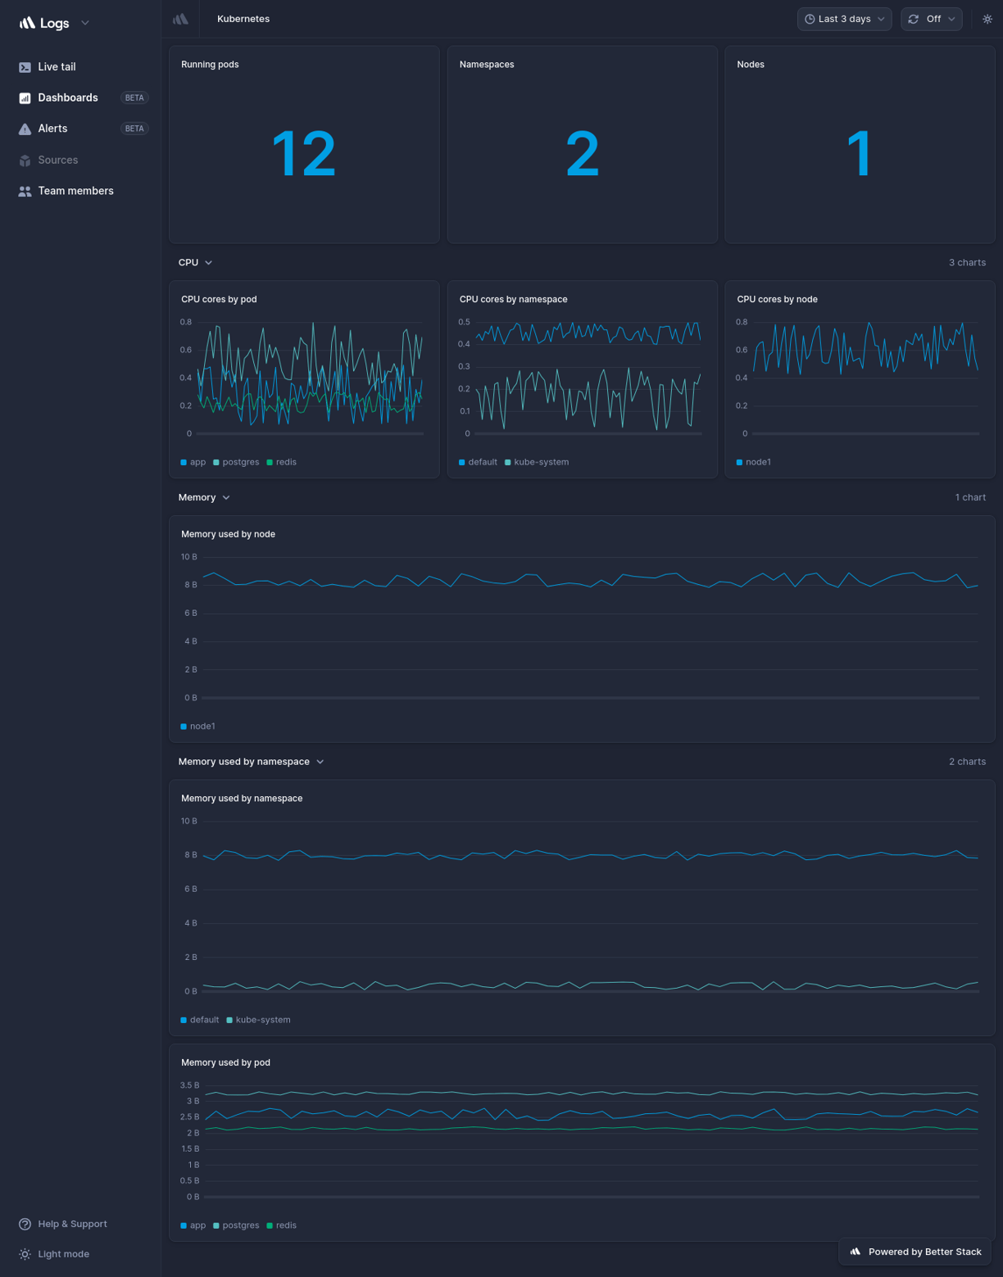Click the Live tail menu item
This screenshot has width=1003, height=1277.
[x=56, y=67]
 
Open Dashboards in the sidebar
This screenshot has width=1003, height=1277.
[x=67, y=97]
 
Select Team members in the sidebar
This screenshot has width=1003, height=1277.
[x=75, y=191]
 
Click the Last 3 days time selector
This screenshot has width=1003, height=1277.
[x=844, y=19]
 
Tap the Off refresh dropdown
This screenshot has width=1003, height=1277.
[x=932, y=19]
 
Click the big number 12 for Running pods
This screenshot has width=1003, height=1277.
[x=303, y=154]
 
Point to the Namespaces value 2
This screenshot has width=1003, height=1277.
[x=582, y=154]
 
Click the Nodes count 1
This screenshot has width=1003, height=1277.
[x=859, y=154]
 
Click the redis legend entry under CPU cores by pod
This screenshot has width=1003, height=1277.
[x=285, y=462]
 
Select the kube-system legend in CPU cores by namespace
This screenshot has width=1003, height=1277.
[x=540, y=462]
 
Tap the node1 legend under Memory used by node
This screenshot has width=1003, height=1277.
[x=202, y=727]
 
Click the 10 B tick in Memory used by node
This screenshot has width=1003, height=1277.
[x=189, y=557]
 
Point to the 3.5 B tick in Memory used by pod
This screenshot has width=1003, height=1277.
[x=189, y=1085]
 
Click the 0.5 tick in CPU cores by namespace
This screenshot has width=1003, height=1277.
[x=464, y=322]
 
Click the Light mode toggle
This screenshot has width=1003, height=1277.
[x=62, y=1254]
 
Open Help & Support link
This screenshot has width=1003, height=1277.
[x=71, y=1224]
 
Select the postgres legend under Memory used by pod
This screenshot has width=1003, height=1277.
[x=240, y=1225]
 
